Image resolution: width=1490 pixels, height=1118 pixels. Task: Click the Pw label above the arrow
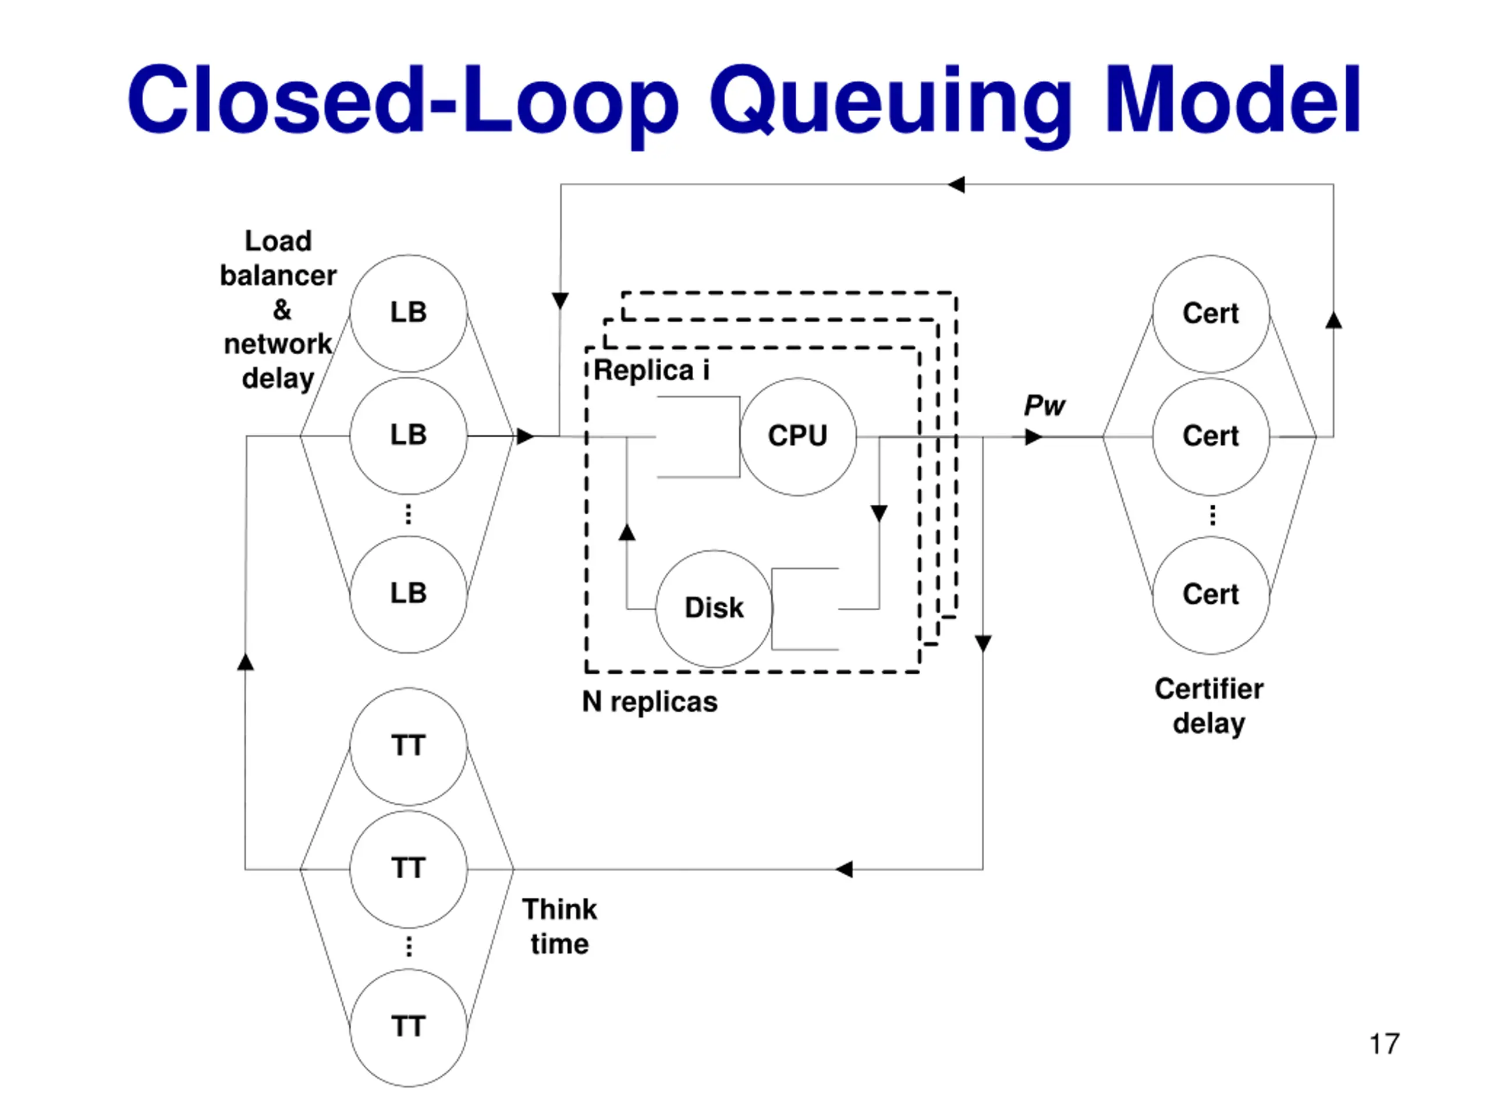pos(1044,406)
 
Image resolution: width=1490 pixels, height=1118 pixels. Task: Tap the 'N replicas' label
pos(650,702)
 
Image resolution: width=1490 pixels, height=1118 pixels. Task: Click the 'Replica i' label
pos(651,370)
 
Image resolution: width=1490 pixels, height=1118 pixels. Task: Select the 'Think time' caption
pos(560,926)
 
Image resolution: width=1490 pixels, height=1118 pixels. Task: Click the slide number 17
pos(1385,1044)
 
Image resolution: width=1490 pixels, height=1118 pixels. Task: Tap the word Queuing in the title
pos(891,101)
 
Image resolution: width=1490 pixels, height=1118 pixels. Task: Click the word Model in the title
pos(1233,100)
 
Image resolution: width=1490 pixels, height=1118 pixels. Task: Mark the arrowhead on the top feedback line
pos(956,184)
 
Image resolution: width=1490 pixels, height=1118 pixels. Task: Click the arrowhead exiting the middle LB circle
pos(526,436)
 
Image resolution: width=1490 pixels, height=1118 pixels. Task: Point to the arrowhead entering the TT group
pos(844,869)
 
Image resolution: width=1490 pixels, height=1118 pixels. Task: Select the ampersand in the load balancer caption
pos(282,310)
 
